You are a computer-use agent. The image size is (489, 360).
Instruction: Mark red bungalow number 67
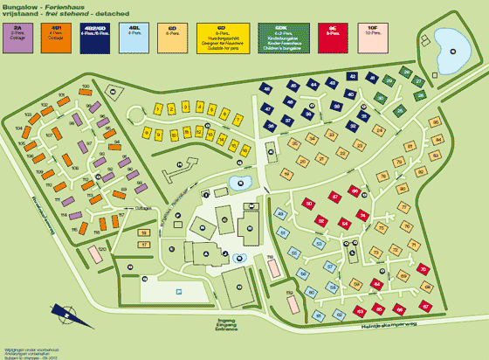(426, 307)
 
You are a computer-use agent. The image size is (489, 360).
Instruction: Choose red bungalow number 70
(423, 270)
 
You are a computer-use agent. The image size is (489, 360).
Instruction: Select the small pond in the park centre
(238, 182)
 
